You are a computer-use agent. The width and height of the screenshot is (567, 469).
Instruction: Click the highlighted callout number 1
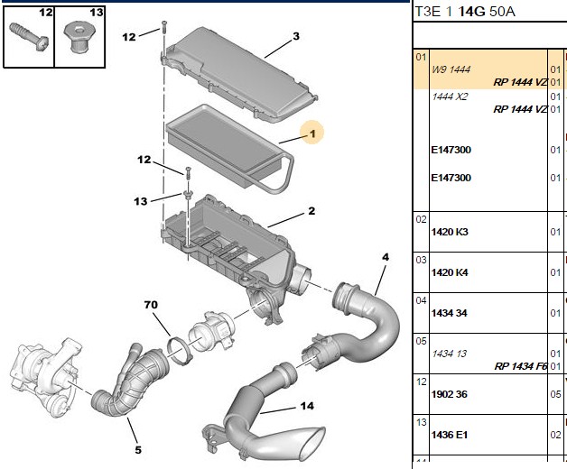(312, 134)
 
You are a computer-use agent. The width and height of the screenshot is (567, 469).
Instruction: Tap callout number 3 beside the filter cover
(296, 36)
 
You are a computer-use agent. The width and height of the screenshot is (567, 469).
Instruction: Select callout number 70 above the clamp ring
(151, 305)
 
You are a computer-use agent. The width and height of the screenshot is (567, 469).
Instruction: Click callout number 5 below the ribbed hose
(138, 450)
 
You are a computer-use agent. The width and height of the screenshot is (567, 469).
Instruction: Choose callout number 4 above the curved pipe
(386, 257)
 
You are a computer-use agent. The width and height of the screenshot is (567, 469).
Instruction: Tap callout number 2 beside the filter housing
(311, 211)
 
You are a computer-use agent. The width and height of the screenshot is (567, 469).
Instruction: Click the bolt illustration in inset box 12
(28, 36)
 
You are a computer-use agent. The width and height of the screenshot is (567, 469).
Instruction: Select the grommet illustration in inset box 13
(79, 37)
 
